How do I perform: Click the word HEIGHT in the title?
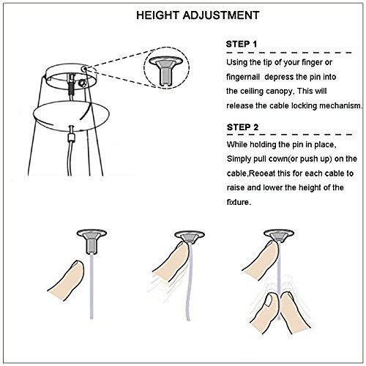click(x=157, y=15)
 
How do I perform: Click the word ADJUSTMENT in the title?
click(x=221, y=15)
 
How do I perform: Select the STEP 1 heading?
click(x=242, y=44)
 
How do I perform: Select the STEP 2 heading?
click(x=242, y=127)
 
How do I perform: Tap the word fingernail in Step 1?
click(x=243, y=77)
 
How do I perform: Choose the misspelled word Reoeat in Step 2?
click(x=261, y=173)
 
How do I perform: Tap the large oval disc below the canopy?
click(x=71, y=115)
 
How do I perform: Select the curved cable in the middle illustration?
click(x=189, y=280)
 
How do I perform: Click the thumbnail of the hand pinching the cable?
click(x=269, y=300)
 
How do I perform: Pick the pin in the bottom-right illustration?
click(x=279, y=236)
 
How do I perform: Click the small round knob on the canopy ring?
click(x=81, y=83)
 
